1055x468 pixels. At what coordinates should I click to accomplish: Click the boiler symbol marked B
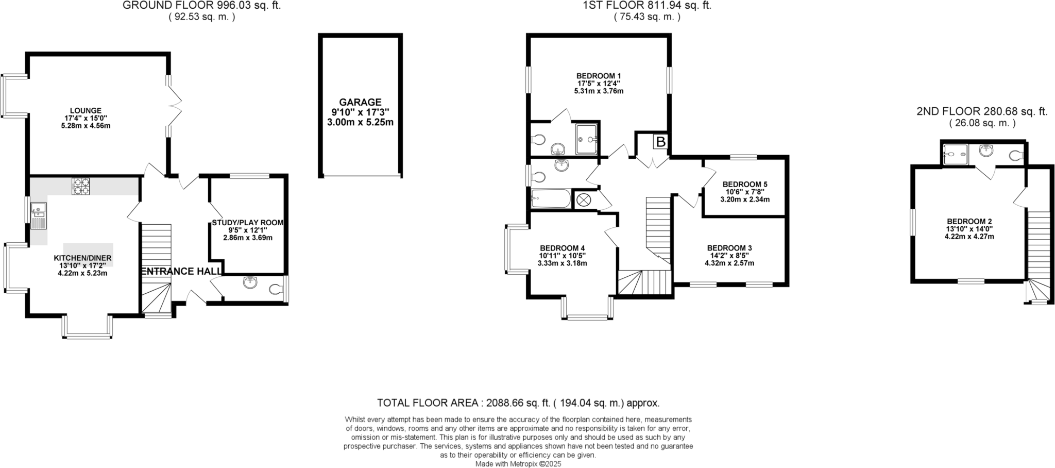pyautogui.click(x=660, y=142)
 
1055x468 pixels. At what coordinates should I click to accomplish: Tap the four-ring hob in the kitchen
pyautogui.click(x=80, y=186)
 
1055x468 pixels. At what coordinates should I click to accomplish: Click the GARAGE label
pyautogui.click(x=360, y=102)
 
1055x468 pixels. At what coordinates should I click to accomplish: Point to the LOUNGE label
pyautogui.click(x=86, y=110)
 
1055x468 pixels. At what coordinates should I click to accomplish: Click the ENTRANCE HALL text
pyautogui.click(x=181, y=272)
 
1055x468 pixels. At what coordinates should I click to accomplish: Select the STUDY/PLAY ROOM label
pyautogui.click(x=247, y=223)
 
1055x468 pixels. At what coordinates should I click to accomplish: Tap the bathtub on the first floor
pyautogui.click(x=550, y=198)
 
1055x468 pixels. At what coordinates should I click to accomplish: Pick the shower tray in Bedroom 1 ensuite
pyautogui.click(x=587, y=138)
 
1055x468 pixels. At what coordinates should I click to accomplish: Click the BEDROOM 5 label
pyautogui.click(x=745, y=184)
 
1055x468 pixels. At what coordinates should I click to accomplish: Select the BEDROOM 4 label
pyautogui.click(x=562, y=248)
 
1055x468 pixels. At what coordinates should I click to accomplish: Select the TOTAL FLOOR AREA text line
pyautogui.click(x=518, y=403)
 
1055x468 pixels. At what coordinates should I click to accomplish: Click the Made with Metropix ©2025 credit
pyautogui.click(x=518, y=463)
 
